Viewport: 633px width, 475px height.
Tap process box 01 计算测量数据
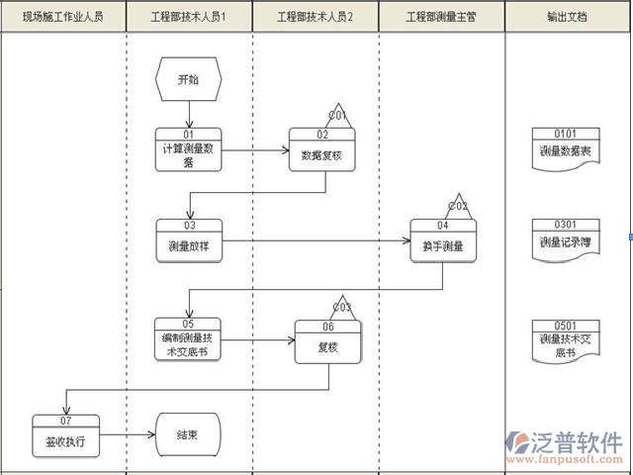(188, 149)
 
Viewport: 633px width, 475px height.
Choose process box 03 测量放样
(188, 239)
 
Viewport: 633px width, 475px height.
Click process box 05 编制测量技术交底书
(188, 338)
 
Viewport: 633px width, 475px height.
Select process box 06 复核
(327, 342)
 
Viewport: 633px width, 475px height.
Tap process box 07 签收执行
(65, 435)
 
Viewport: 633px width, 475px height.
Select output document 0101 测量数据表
(566, 146)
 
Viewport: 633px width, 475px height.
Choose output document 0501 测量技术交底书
(566, 338)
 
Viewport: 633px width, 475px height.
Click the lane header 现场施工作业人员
(63, 18)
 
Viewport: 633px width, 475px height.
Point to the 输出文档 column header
(568, 18)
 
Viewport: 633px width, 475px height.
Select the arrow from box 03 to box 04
(316, 239)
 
